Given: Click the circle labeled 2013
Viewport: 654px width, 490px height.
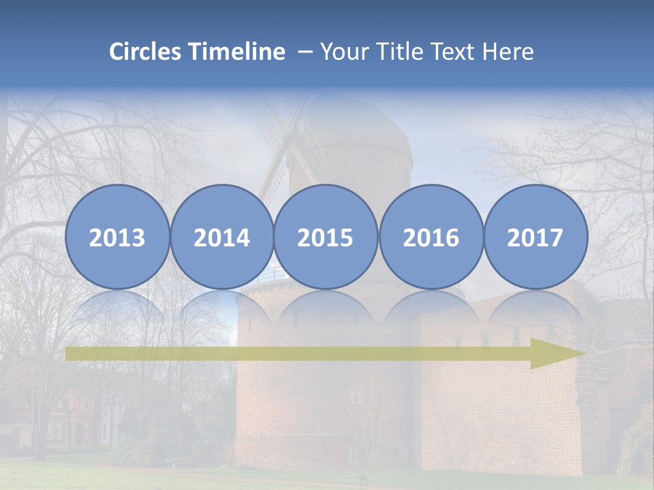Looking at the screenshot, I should (x=117, y=237).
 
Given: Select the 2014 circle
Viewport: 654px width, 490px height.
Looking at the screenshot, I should (x=221, y=237).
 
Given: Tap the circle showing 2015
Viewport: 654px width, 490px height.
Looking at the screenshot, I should (x=326, y=237).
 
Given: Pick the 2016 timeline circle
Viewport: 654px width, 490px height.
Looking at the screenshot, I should (x=431, y=237).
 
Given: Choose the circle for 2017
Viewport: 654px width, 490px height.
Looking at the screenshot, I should (x=535, y=237).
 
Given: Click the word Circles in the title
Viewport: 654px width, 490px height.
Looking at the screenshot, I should (x=146, y=52).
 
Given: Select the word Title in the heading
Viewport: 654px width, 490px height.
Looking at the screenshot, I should (x=395, y=52).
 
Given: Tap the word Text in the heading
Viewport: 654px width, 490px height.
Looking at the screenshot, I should (x=452, y=52).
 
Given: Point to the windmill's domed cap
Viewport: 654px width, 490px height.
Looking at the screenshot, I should (x=351, y=129).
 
